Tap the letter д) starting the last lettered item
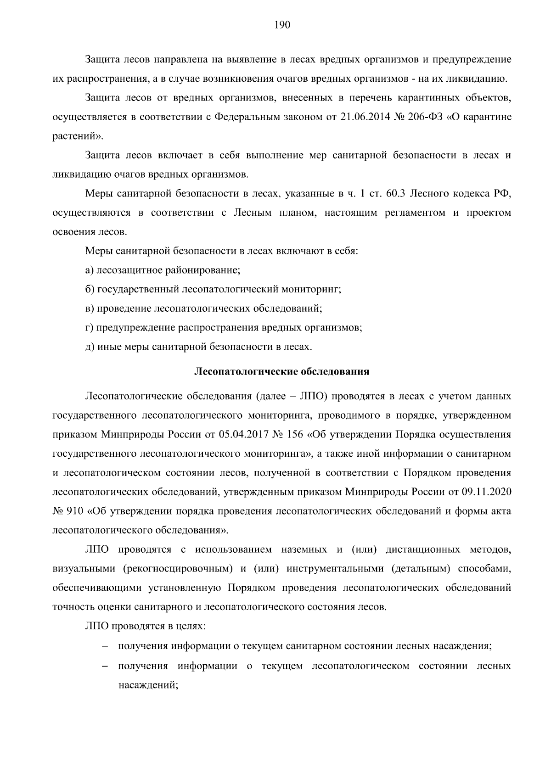pos(90,347)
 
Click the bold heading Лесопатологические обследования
pos(282,371)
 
